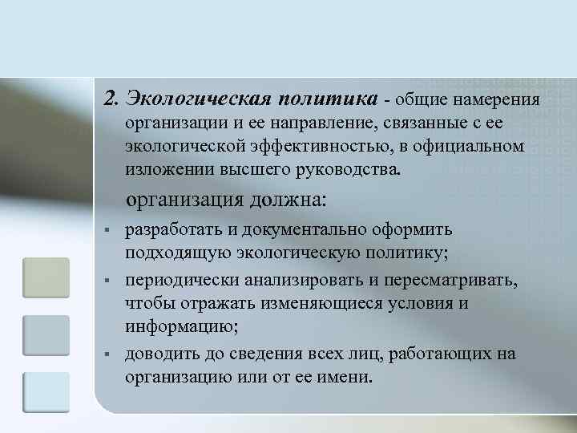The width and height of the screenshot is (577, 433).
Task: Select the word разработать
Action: pyautogui.click(x=173, y=230)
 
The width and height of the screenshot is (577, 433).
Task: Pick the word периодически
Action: pyautogui.click(x=176, y=281)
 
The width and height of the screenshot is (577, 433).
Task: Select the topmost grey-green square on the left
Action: pyautogui.click(x=46, y=277)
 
